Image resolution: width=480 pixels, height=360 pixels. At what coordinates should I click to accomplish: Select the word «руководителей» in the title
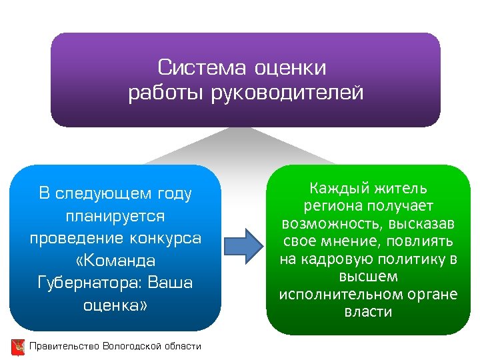tap(287, 93)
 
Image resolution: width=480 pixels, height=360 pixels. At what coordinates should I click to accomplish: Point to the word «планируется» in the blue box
tap(115, 216)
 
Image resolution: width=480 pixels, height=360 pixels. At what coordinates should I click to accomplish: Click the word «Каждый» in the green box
tap(339, 189)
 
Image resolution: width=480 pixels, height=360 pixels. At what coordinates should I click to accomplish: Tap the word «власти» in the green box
tap(369, 311)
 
